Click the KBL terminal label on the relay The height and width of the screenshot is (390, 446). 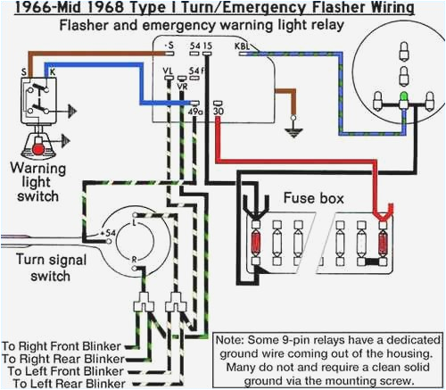coord(241,44)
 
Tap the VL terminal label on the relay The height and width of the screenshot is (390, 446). coord(168,68)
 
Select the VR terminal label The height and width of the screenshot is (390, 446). coord(182,87)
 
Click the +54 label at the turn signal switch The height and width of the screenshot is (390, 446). coord(111,232)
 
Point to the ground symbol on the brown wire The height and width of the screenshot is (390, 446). coord(289,132)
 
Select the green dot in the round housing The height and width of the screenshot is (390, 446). coord(404,95)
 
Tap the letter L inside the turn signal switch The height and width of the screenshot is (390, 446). coord(134,224)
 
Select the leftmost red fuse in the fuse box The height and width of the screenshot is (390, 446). coord(258,241)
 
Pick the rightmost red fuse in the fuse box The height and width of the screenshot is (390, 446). coord(384,241)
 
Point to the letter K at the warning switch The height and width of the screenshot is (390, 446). coord(51,68)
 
